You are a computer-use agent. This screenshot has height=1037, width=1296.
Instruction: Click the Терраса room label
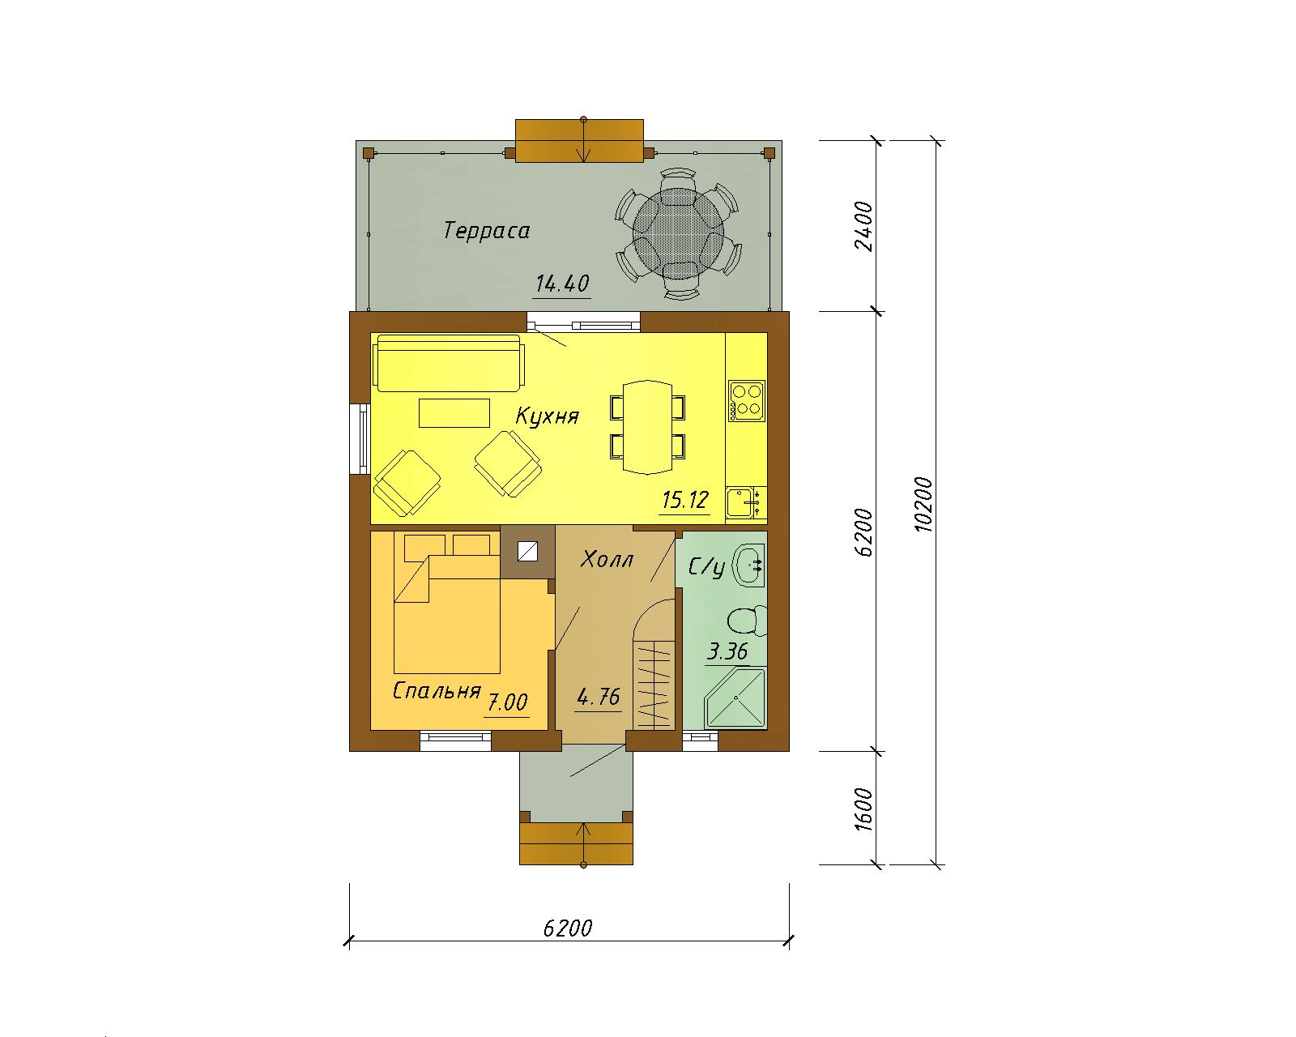(487, 231)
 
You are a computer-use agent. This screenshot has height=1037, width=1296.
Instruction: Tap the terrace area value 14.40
(562, 284)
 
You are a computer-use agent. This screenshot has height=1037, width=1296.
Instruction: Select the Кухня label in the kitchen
(548, 416)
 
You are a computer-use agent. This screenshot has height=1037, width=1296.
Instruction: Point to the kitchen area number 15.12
(684, 500)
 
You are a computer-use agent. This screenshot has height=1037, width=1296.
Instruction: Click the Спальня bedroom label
(437, 690)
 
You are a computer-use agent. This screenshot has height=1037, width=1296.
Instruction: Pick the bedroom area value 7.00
(507, 702)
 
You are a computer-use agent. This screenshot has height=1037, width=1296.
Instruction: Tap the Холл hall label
(607, 561)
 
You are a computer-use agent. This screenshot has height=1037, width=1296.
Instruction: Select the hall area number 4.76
(599, 698)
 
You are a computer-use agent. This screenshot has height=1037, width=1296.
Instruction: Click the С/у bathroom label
(706, 567)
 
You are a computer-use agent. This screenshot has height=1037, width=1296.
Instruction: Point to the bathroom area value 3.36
(727, 651)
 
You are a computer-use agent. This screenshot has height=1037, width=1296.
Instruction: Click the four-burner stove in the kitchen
(747, 401)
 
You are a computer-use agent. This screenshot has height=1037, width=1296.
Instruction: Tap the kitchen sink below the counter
(745, 503)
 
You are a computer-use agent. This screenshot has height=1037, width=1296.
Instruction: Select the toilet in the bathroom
(748, 621)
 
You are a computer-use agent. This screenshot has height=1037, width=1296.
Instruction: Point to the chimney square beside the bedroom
(527, 553)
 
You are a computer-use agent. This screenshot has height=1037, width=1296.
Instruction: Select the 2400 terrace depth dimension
(863, 227)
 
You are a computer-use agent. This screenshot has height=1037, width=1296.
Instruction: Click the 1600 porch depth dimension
(863, 809)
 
